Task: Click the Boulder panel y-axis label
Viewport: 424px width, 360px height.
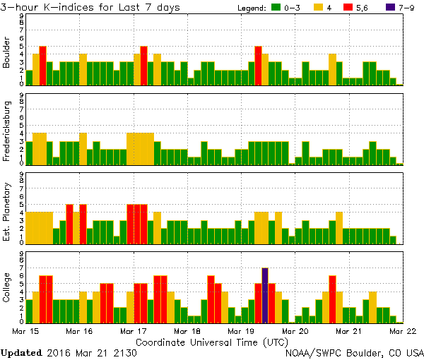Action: pyautogui.click(x=7, y=52)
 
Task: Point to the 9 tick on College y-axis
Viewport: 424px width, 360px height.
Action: pyautogui.click(x=22, y=253)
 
